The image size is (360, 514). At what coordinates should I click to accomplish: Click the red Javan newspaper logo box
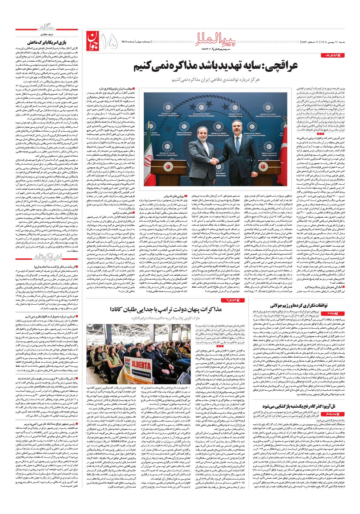point(93,42)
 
